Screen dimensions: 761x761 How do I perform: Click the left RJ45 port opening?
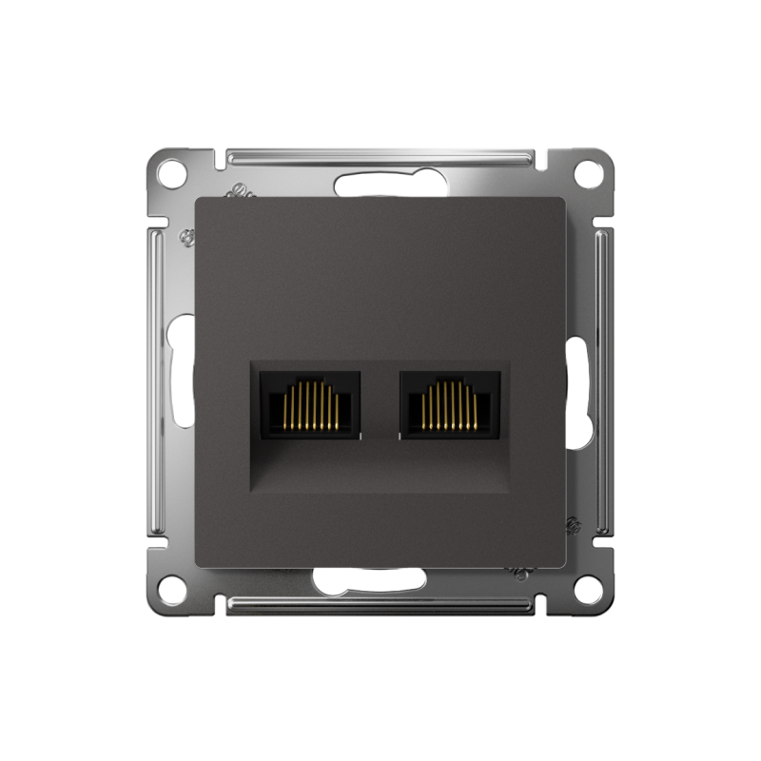click(310, 405)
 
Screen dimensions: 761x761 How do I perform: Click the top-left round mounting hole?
click(170, 173)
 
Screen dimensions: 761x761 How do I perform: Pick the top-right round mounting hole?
click(590, 173)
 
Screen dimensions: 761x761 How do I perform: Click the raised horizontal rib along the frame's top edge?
click(380, 154)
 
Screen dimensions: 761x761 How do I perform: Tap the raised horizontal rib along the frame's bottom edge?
click(380, 605)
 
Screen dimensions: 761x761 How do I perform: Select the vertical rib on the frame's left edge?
click(158, 380)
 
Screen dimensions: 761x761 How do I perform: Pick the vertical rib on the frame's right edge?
click(603, 380)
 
